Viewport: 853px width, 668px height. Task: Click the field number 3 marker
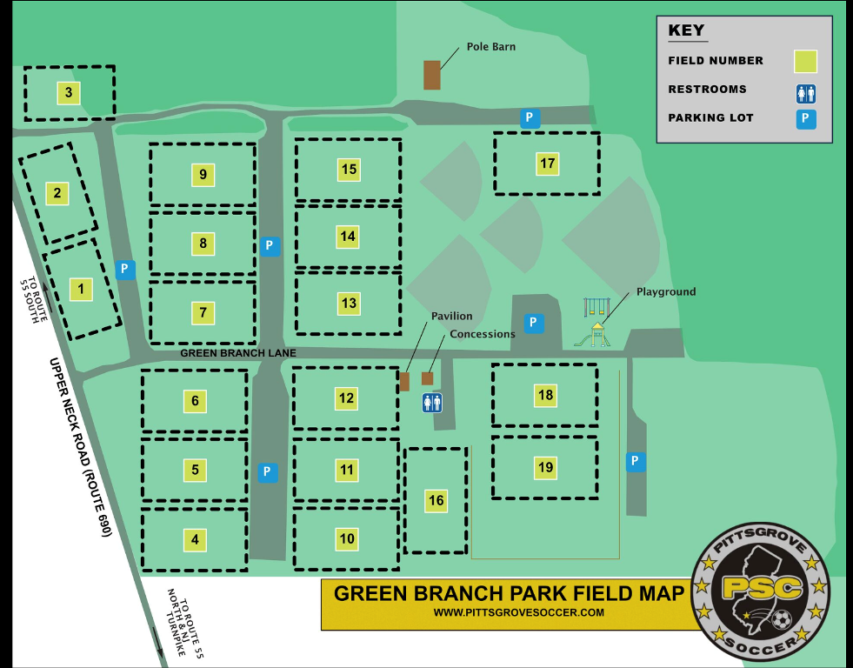click(x=69, y=92)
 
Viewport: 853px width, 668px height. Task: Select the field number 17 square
click(x=547, y=164)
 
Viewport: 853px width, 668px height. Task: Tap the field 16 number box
click(x=436, y=500)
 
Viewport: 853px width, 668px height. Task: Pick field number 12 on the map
click(x=347, y=398)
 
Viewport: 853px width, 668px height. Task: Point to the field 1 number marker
click(x=81, y=289)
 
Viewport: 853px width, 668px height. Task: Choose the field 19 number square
click(x=545, y=467)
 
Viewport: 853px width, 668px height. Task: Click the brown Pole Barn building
click(x=431, y=75)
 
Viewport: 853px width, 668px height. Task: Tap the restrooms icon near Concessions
click(x=432, y=402)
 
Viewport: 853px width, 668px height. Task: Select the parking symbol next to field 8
click(x=270, y=246)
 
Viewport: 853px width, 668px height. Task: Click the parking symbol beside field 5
click(x=268, y=472)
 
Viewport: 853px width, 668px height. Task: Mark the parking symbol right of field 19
click(x=636, y=461)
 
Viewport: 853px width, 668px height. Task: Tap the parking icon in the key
click(x=805, y=118)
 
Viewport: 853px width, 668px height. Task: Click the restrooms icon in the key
click(x=805, y=92)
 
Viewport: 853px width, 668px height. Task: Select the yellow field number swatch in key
click(x=805, y=61)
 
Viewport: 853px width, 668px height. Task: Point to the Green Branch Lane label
click(x=238, y=354)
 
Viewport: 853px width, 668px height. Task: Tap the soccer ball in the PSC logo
click(x=780, y=620)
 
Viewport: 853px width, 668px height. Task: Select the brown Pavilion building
click(x=404, y=381)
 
